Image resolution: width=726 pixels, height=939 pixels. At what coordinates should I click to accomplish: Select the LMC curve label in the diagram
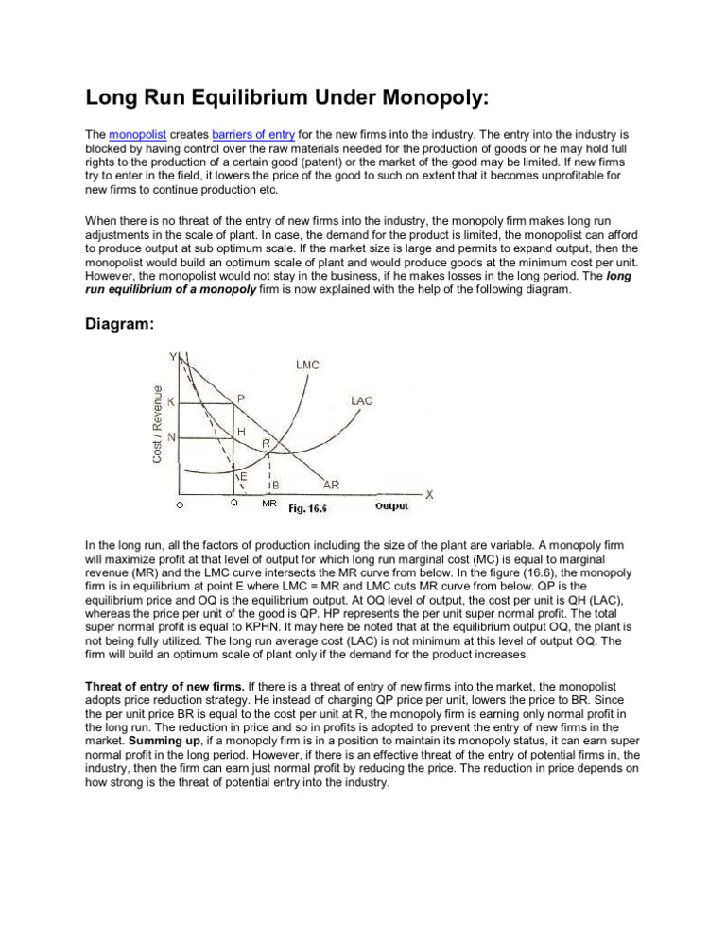click(307, 362)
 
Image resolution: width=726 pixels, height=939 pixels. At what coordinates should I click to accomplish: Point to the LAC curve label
click(361, 401)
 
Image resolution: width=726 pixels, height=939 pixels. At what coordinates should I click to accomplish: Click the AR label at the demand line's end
click(333, 485)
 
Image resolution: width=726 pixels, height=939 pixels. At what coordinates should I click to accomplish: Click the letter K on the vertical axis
click(170, 401)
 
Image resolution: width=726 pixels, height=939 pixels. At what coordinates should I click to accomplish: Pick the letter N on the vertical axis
click(170, 437)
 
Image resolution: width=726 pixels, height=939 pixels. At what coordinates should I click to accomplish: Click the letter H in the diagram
click(242, 431)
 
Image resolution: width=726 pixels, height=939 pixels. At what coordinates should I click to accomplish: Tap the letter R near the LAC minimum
click(267, 442)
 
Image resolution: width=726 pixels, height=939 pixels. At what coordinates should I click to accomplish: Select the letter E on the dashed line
click(243, 476)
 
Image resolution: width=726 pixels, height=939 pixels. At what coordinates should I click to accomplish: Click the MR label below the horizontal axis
click(268, 504)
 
